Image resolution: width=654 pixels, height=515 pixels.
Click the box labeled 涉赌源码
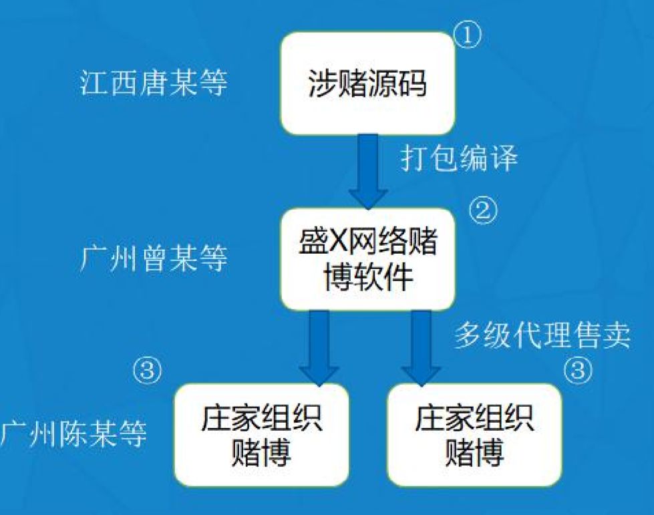coord(367,83)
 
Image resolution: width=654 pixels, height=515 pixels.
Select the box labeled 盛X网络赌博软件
coord(367,259)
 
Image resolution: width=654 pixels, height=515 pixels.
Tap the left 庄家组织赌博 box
coord(261,435)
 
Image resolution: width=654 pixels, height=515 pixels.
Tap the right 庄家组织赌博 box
coord(474,435)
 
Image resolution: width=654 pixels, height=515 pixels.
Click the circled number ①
coord(467,35)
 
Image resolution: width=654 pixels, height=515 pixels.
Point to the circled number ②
coord(484,210)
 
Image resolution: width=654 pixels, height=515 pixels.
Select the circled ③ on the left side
coord(147,370)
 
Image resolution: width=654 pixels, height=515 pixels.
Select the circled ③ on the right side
coord(578,369)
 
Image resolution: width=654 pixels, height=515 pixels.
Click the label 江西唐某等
coord(154,82)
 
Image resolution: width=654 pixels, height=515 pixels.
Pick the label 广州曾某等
coord(154,259)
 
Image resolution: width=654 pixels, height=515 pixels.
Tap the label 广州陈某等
coord(73,434)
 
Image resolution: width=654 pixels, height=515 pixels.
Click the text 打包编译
coord(459,158)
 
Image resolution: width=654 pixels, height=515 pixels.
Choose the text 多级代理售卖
coord(542,335)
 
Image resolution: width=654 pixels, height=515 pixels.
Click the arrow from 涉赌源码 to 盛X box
coord(368,172)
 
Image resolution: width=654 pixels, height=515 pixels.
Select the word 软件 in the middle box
coord(383,277)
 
